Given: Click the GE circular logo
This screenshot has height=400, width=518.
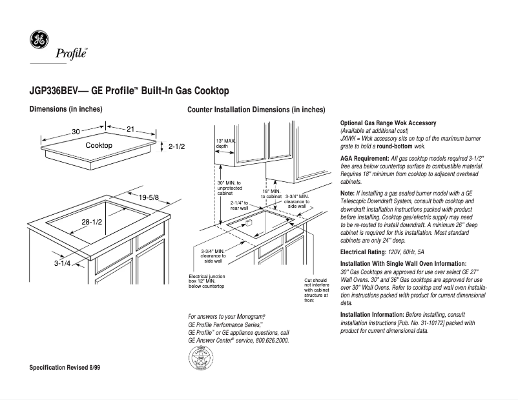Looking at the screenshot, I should [x=39, y=41].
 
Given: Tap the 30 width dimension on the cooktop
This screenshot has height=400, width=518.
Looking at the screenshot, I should [x=76, y=132].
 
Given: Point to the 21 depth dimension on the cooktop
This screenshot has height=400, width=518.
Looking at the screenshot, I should [x=130, y=130].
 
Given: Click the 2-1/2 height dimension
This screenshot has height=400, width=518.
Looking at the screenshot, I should [x=177, y=147].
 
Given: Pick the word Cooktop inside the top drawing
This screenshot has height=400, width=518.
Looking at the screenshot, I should [x=99, y=146].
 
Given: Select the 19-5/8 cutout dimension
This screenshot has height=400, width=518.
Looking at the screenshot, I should [x=149, y=197].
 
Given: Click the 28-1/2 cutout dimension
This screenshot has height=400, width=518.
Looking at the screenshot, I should [x=92, y=222].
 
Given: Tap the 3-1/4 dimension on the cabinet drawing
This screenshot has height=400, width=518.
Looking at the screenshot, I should [x=62, y=263].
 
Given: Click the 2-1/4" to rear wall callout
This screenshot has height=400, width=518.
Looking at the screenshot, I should [x=240, y=205].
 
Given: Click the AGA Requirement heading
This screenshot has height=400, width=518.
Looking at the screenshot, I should [x=364, y=158].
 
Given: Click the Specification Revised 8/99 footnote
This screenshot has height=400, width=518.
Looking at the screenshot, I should [x=65, y=367].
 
